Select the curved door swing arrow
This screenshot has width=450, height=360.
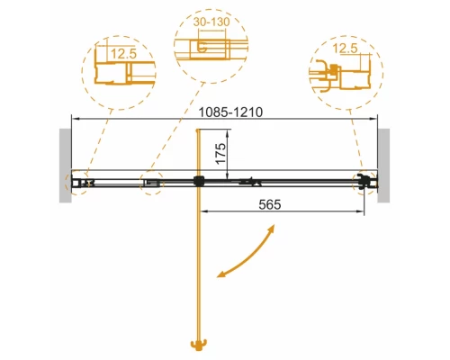click(x=248, y=254)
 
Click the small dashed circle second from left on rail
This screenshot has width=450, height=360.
click(x=150, y=183)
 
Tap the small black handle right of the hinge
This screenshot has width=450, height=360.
click(x=244, y=182)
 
